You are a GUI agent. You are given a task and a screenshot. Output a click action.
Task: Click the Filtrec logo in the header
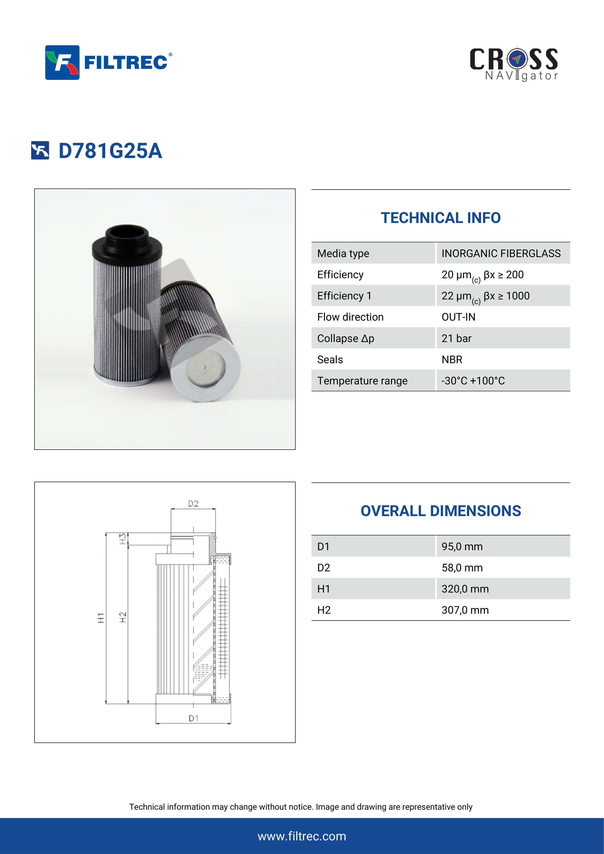(109, 63)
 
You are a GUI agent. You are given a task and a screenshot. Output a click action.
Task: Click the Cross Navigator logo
(514, 64)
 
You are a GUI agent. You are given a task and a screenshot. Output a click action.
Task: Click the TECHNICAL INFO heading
(441, 218)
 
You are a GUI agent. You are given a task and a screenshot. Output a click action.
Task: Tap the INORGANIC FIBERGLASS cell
(501, 253)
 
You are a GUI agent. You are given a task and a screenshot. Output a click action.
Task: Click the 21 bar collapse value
(456, 338)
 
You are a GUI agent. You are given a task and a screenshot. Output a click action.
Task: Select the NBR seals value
(452, 360)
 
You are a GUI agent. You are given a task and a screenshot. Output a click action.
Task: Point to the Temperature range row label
(362, 381)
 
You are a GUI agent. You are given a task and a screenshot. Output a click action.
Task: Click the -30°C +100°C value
(473, 381)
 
